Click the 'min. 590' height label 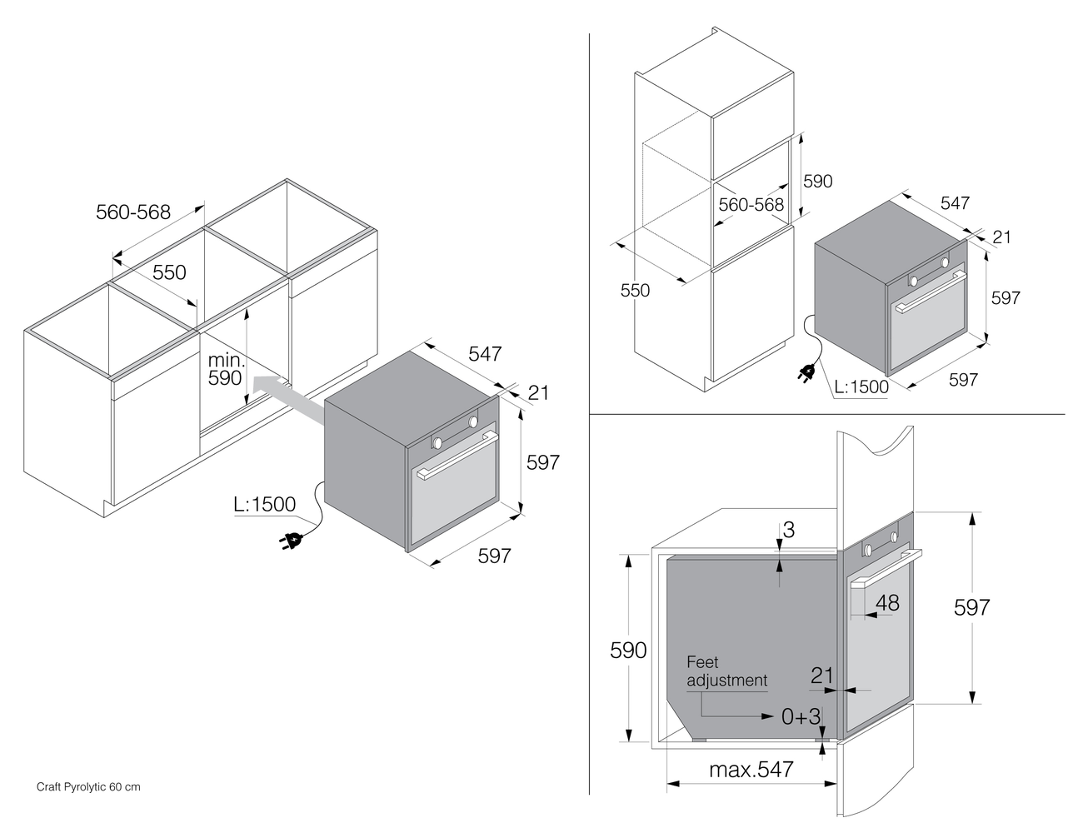tap(225, 369)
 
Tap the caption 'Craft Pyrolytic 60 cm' tap(88, 786)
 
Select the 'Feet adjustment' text tap(726, 671)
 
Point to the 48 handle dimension tap(888, 602)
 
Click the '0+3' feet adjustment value tap(801, 716)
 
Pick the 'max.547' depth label tap(751, 769)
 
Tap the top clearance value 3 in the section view tap(789, 529)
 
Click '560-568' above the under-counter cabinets tap(133, 212)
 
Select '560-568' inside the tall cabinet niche tap(751, 204)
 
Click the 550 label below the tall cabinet tap(635, 290)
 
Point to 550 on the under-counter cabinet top tap(169, 272)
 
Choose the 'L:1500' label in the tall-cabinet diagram tap(862, 387)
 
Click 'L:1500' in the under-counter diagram tap(265, 504)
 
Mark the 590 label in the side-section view tap(628, 650)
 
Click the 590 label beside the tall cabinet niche tap(817, 181)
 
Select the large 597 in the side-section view tap(971, 607)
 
